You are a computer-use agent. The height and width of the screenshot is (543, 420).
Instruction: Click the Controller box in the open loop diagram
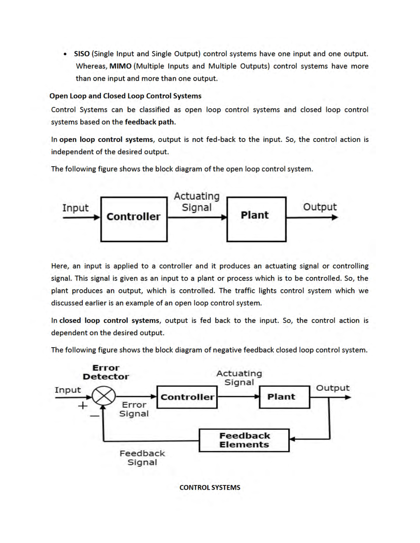(x=134, y=219)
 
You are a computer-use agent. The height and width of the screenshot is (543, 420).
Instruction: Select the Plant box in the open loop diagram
(x=256, y=219)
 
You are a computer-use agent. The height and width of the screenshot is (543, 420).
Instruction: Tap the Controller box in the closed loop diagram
(x=187, y=397)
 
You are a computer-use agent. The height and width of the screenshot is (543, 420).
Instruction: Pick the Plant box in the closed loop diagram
(x=284, y=397)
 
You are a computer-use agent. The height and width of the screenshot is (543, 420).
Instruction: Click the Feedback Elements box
(x=244, y=440)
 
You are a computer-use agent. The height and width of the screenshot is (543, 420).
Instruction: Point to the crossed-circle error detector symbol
(x=104, y=397)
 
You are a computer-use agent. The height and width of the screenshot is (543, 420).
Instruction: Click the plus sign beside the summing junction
(x=83, y=406)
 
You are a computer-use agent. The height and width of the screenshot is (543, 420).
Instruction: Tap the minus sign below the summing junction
(x=95, y=416)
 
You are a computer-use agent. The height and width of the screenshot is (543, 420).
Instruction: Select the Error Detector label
(x=106, y=372)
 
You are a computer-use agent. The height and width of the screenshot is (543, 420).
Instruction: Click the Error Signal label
(x=134, y=409)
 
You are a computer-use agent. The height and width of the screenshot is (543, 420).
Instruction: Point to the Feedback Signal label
(x=142, y=458)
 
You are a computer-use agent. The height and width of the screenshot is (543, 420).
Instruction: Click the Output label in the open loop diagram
(x=320, y=207)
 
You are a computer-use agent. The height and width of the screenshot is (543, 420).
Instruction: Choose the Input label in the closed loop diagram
(x=68, y=390)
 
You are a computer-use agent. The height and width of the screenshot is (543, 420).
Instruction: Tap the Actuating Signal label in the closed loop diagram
(x=239, y=378)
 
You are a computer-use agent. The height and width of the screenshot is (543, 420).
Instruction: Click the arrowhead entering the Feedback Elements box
(x=292, y=439)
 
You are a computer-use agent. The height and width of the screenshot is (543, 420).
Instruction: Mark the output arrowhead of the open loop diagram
(x=335, y=217)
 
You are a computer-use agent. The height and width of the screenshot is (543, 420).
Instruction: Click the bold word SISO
(x=82, y=54)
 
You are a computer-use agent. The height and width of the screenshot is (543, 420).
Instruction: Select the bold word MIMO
(x=120, y=66)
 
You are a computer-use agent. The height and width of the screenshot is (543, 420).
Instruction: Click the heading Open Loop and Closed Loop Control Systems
(x=125, y=96)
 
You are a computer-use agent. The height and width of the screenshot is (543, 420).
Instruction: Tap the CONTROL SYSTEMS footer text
(x=210, y=487)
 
